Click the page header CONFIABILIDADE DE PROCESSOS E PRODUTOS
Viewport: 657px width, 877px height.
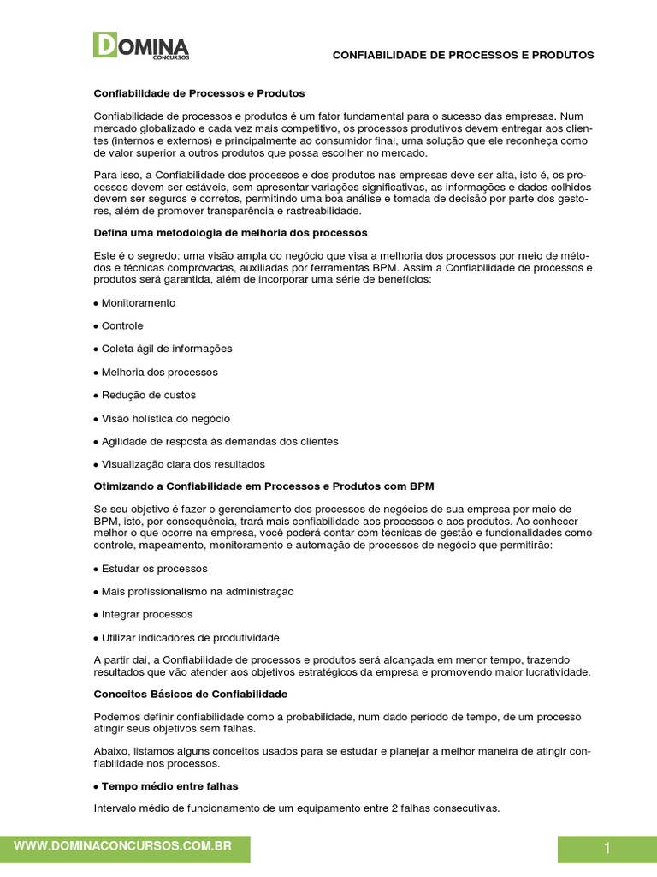463,55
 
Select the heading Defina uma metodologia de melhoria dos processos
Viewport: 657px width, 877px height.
230,232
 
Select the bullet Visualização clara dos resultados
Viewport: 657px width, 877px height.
183,464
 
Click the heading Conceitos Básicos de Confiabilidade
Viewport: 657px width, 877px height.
190,694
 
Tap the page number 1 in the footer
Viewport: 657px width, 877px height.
607,849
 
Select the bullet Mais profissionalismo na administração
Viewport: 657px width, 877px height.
197,592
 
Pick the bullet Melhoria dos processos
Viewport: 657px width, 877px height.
159,373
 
